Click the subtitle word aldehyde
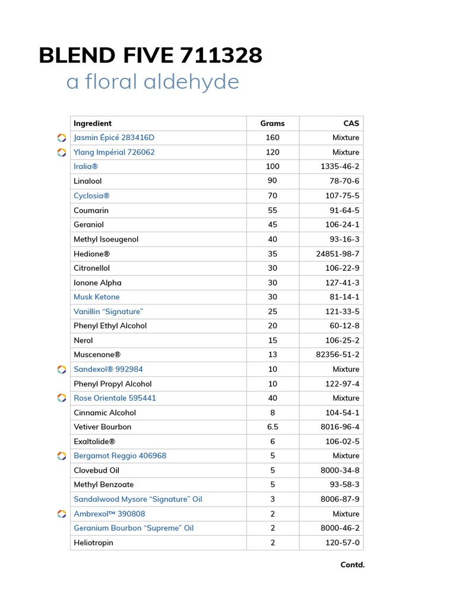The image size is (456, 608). (x=195, y=82)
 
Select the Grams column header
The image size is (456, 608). (x=273, y=123)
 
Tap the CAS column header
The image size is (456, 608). (x=351, y=123)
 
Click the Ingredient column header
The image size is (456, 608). (x=93, y=123)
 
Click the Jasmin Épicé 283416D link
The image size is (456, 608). (x=114, y=138)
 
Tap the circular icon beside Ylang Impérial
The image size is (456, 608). (x=62, y=153)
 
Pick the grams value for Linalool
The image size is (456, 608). (x=273, y=181)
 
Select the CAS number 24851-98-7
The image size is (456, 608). (x=337, y=254)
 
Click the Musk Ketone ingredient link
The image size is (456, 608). (x=97, y=297)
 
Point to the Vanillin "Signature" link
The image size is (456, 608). (x=108, y=312)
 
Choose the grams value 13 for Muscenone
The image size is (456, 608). (x=273, y=355)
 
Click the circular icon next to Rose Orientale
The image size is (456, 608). (x=62, y=398)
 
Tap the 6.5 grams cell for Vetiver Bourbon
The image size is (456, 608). (x=273, y=427)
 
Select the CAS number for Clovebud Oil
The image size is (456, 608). (x=340, y=470)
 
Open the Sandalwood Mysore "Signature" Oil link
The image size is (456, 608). (x=138, y=499)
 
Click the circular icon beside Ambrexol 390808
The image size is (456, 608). (x=62, y=514)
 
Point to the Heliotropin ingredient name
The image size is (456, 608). (x=93, y=543)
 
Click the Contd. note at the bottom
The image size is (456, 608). (x=352, y=565)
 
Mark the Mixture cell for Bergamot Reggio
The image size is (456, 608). (x=346, y=456)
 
